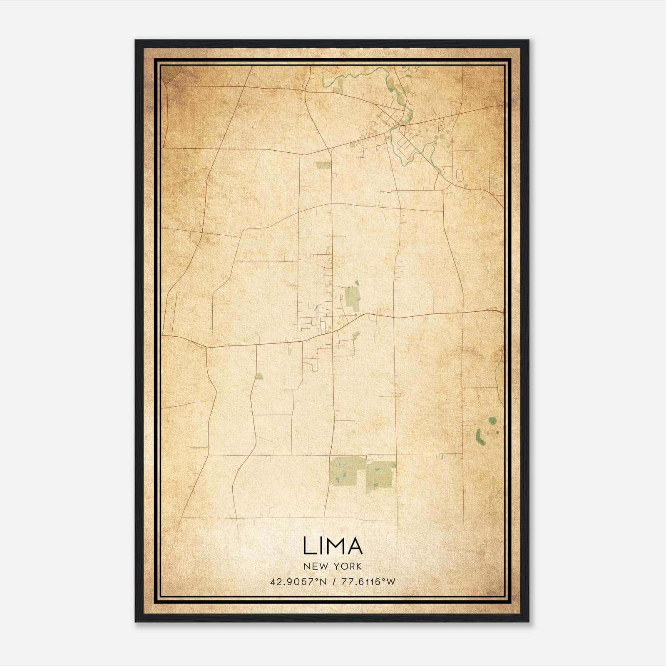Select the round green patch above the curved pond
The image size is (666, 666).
coord(493,421)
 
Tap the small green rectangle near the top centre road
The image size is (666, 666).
coord(338,85)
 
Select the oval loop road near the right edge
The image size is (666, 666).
coord(459,174)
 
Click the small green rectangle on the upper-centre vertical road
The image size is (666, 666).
coord(323,165)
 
